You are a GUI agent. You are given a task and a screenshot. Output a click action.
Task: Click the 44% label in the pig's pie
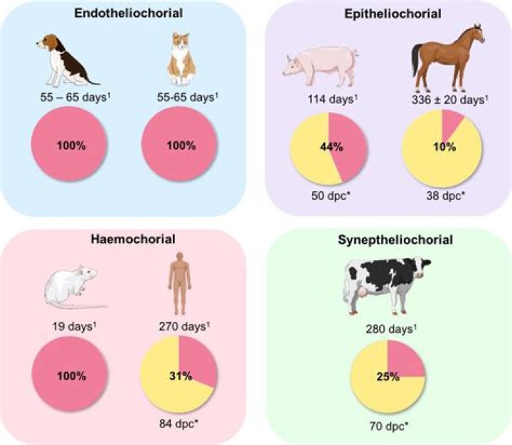(x=337, y=150)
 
